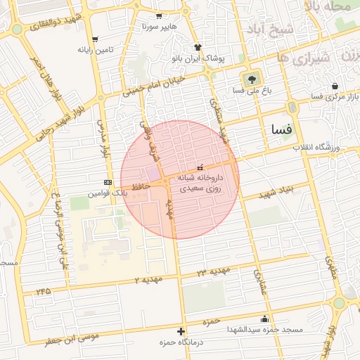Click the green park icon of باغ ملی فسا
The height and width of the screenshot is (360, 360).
point(250,78)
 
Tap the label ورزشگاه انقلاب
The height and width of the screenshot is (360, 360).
point(316,148)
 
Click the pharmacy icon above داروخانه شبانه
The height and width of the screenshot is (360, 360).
point(200,167)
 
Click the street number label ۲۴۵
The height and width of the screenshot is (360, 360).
point(44,290)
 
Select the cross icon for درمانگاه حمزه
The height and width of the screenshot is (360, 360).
point(182,330)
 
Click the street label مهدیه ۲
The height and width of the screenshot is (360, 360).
point(148,280)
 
